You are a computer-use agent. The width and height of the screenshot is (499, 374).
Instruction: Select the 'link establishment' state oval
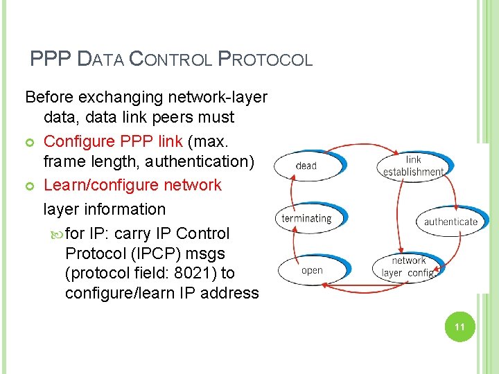[414, 166]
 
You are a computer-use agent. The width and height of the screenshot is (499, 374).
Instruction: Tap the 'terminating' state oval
[307, 219]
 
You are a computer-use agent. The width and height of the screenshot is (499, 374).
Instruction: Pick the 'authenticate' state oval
[451, 222]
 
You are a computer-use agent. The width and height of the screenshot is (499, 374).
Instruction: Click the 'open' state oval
[312, 270]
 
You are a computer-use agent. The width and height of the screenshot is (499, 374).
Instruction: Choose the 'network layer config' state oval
[409, 267]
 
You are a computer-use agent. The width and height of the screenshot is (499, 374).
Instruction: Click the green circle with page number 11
[458, 327]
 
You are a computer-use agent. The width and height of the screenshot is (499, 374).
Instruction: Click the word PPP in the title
[50, 60]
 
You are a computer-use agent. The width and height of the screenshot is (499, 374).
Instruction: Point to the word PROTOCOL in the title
[265, 60]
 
